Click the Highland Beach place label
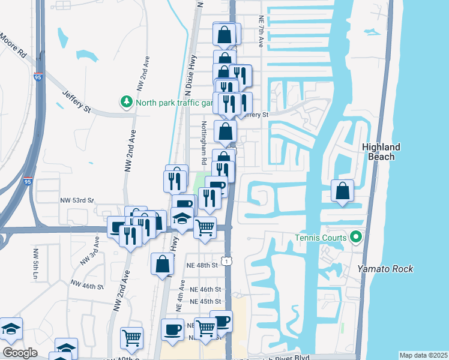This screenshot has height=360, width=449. (x=381, y=152)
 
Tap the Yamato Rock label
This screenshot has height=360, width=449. (x=385, y=269)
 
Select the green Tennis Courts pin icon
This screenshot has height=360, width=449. (x=355, y=238)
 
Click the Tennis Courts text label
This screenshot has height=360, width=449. (x=321, y=238)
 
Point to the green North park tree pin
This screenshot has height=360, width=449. (x=127, y=102)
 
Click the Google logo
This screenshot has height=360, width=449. (x=20, y=353)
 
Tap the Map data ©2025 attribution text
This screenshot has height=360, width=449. (x=423, y=355)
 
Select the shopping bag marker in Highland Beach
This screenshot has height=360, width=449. (x=342, y=192)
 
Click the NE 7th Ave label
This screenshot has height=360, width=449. (x=261, y=32)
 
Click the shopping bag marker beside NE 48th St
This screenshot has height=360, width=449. (x=163, y=264)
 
